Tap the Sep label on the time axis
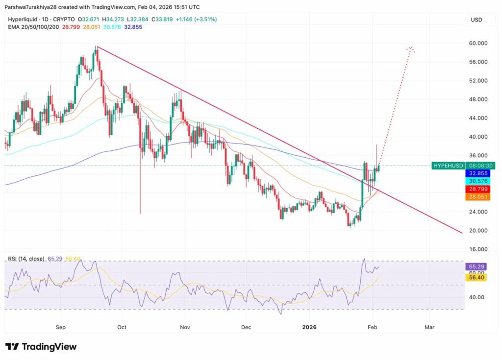pos(60,327)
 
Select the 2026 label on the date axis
pos(310,327)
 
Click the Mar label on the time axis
pos(429,327)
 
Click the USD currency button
pos(476,20)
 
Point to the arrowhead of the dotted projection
pos(411,48)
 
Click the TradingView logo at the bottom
pos(41,347)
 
